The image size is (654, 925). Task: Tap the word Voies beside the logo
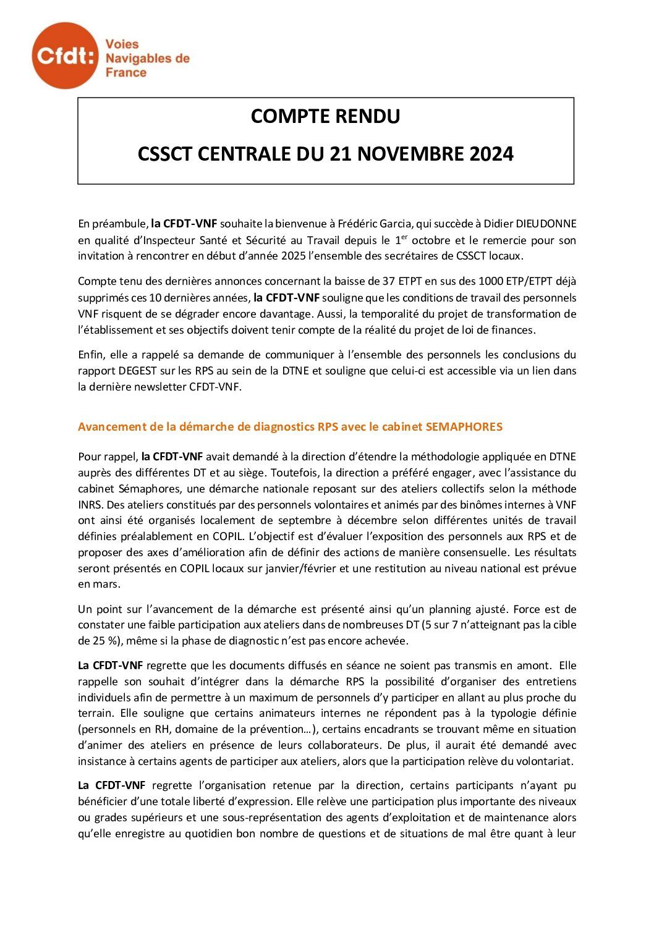(x=122, y=44)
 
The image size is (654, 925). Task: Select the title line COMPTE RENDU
(x=325, y=116)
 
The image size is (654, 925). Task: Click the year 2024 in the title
(x=491, y=153)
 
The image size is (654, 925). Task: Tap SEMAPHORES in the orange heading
(x=464, y=426)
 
